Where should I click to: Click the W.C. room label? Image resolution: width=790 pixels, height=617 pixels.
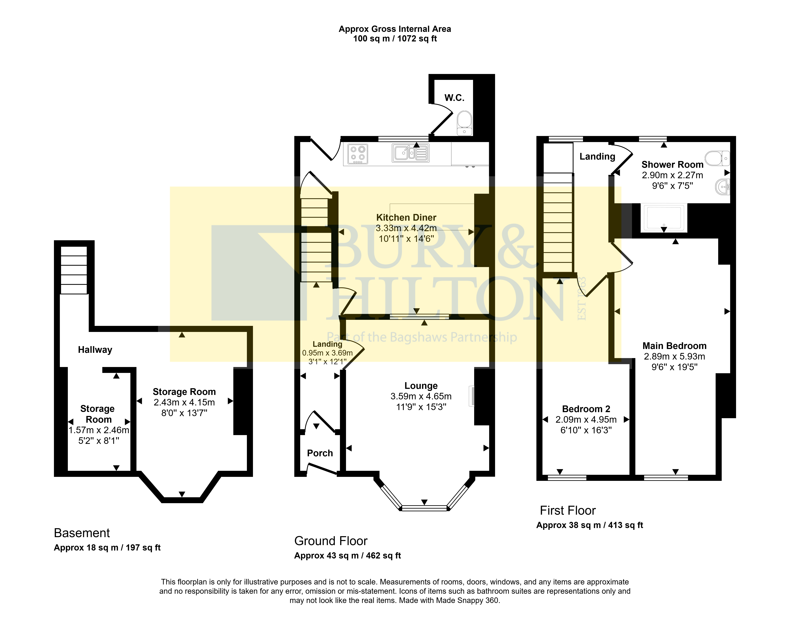(454, 98)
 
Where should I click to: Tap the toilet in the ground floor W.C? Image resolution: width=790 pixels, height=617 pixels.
(464, 123)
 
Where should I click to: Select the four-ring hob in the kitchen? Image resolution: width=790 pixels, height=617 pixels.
(358, 154)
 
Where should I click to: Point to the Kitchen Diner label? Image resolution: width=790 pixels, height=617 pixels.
(406, 218)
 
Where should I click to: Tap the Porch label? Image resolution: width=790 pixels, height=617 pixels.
(320, 453)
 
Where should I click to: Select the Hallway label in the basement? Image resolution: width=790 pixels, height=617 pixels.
(95, 350)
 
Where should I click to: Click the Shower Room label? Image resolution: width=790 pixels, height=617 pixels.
(672, 165)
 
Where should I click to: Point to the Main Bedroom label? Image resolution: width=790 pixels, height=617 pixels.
(675, 346)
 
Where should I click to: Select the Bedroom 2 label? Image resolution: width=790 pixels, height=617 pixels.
(586, 409)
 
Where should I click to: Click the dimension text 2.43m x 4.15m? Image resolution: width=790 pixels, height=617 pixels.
(184, 402)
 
